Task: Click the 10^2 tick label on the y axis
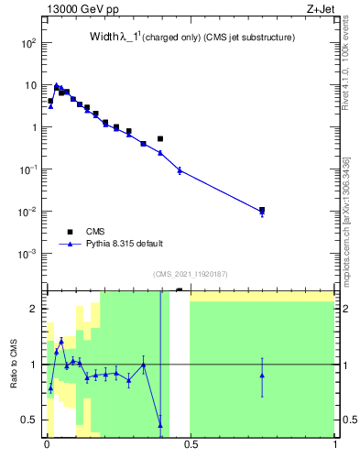(28, 43)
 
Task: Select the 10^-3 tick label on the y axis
(28, 254)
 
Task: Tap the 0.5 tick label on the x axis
(191, 447)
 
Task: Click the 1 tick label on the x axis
(334, 447)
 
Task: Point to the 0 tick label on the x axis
(47, 447)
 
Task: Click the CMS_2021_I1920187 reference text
(191, 274)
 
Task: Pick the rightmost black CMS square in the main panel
(262, 210)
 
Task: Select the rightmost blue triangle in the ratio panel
(262, 375)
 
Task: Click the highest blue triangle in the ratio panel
(61, 340)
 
